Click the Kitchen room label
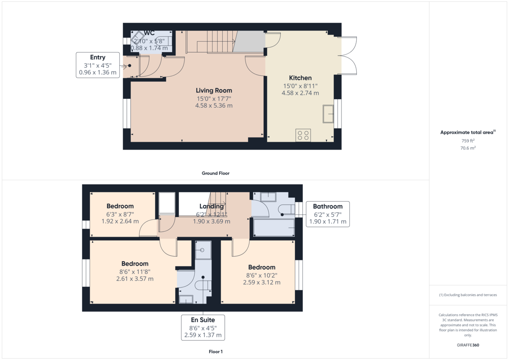pos(300,78)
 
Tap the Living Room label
pos(214,90)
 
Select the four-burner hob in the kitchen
pos(303,135)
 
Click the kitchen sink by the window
pos(328,114)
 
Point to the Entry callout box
pos(98,65)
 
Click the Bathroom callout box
pos(327,214)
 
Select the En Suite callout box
pos(203,327)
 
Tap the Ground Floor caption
pos(215,173)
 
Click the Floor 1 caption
pos(215,352)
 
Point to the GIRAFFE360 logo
pos(468,345)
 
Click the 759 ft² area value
pos(468,141)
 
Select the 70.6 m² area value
pos(468,148)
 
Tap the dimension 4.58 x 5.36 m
pos(214,106)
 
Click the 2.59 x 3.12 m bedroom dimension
pos(262,282)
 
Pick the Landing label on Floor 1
pos(212,206)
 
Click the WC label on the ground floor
pos(149,33)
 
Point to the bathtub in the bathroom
pos(274,227)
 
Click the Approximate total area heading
pos(468,132)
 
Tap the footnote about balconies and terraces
pos(468,295)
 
